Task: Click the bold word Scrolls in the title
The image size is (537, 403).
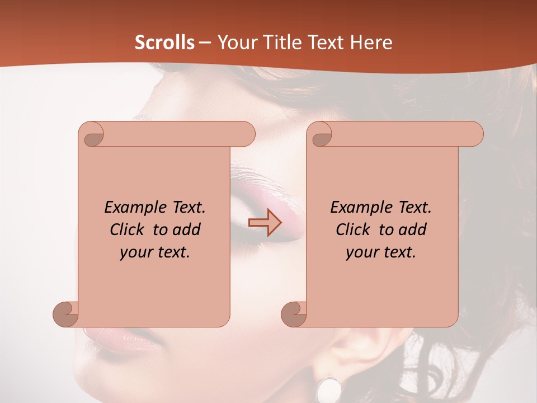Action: (x=164, y=43)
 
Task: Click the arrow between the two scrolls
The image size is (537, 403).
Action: (x=265, y=223)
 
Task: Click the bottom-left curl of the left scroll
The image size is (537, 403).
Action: (x=65, y=314)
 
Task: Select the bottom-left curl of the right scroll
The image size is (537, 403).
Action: (x=294, y=314)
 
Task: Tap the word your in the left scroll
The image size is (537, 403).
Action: (x=135, y=252)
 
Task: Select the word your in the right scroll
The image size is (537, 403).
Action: (x=361, y=252)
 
